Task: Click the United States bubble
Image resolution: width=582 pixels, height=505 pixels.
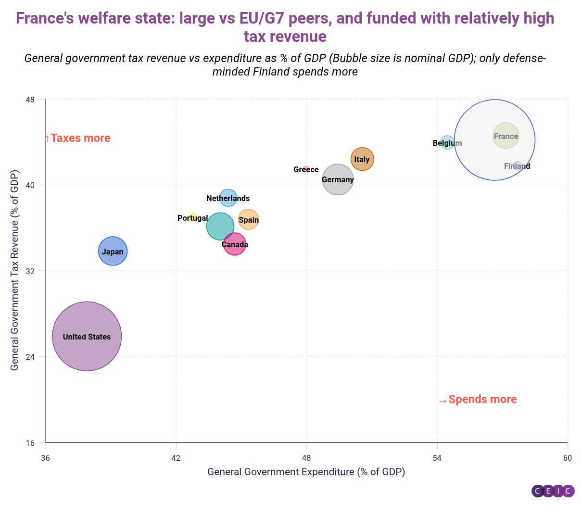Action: [87, 336]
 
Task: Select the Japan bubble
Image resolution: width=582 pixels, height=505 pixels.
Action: [113, 251]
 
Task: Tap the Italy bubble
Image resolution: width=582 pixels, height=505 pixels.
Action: [362, 159]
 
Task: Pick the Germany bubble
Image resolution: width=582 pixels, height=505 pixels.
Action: [338, 179]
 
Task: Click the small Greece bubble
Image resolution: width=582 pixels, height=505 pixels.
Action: [306, 169]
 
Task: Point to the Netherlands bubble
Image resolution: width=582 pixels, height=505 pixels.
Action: [228, 198]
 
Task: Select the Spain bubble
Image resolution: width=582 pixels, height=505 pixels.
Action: [249, 220]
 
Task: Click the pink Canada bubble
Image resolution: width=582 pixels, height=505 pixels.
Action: [235, 244]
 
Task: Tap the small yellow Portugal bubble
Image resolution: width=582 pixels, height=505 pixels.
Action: [193, 217]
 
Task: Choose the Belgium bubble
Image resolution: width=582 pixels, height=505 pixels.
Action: [447, 143]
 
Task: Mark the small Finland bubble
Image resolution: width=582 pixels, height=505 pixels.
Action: [518, 165]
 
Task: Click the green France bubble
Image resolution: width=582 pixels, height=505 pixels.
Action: [506, 136]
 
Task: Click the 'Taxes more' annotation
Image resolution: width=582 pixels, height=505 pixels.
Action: [78, 139]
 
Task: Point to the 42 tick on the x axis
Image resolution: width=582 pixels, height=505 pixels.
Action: [176, 458]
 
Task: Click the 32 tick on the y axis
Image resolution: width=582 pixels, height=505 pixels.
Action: [30, 271]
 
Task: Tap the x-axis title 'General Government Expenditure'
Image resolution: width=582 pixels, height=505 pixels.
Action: [306, 472]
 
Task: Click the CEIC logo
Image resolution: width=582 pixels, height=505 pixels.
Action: [553, 491]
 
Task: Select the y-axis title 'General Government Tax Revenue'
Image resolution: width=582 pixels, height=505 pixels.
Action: [14, 270]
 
